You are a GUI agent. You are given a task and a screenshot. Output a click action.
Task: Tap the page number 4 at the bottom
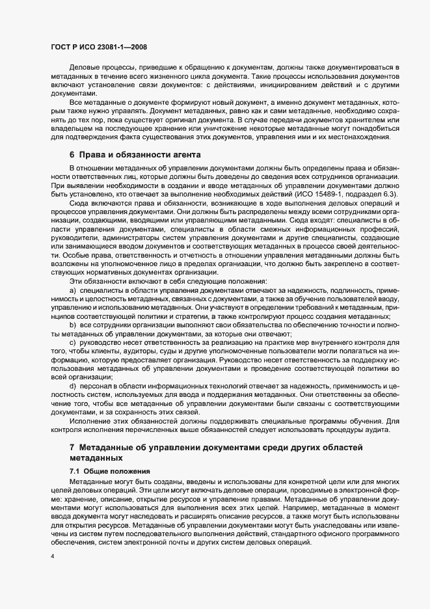point(52,557)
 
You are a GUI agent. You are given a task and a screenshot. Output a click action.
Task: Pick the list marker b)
point(73,323)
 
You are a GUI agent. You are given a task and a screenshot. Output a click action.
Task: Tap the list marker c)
point(73,341)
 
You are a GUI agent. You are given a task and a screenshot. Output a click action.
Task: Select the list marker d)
point(73,385)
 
